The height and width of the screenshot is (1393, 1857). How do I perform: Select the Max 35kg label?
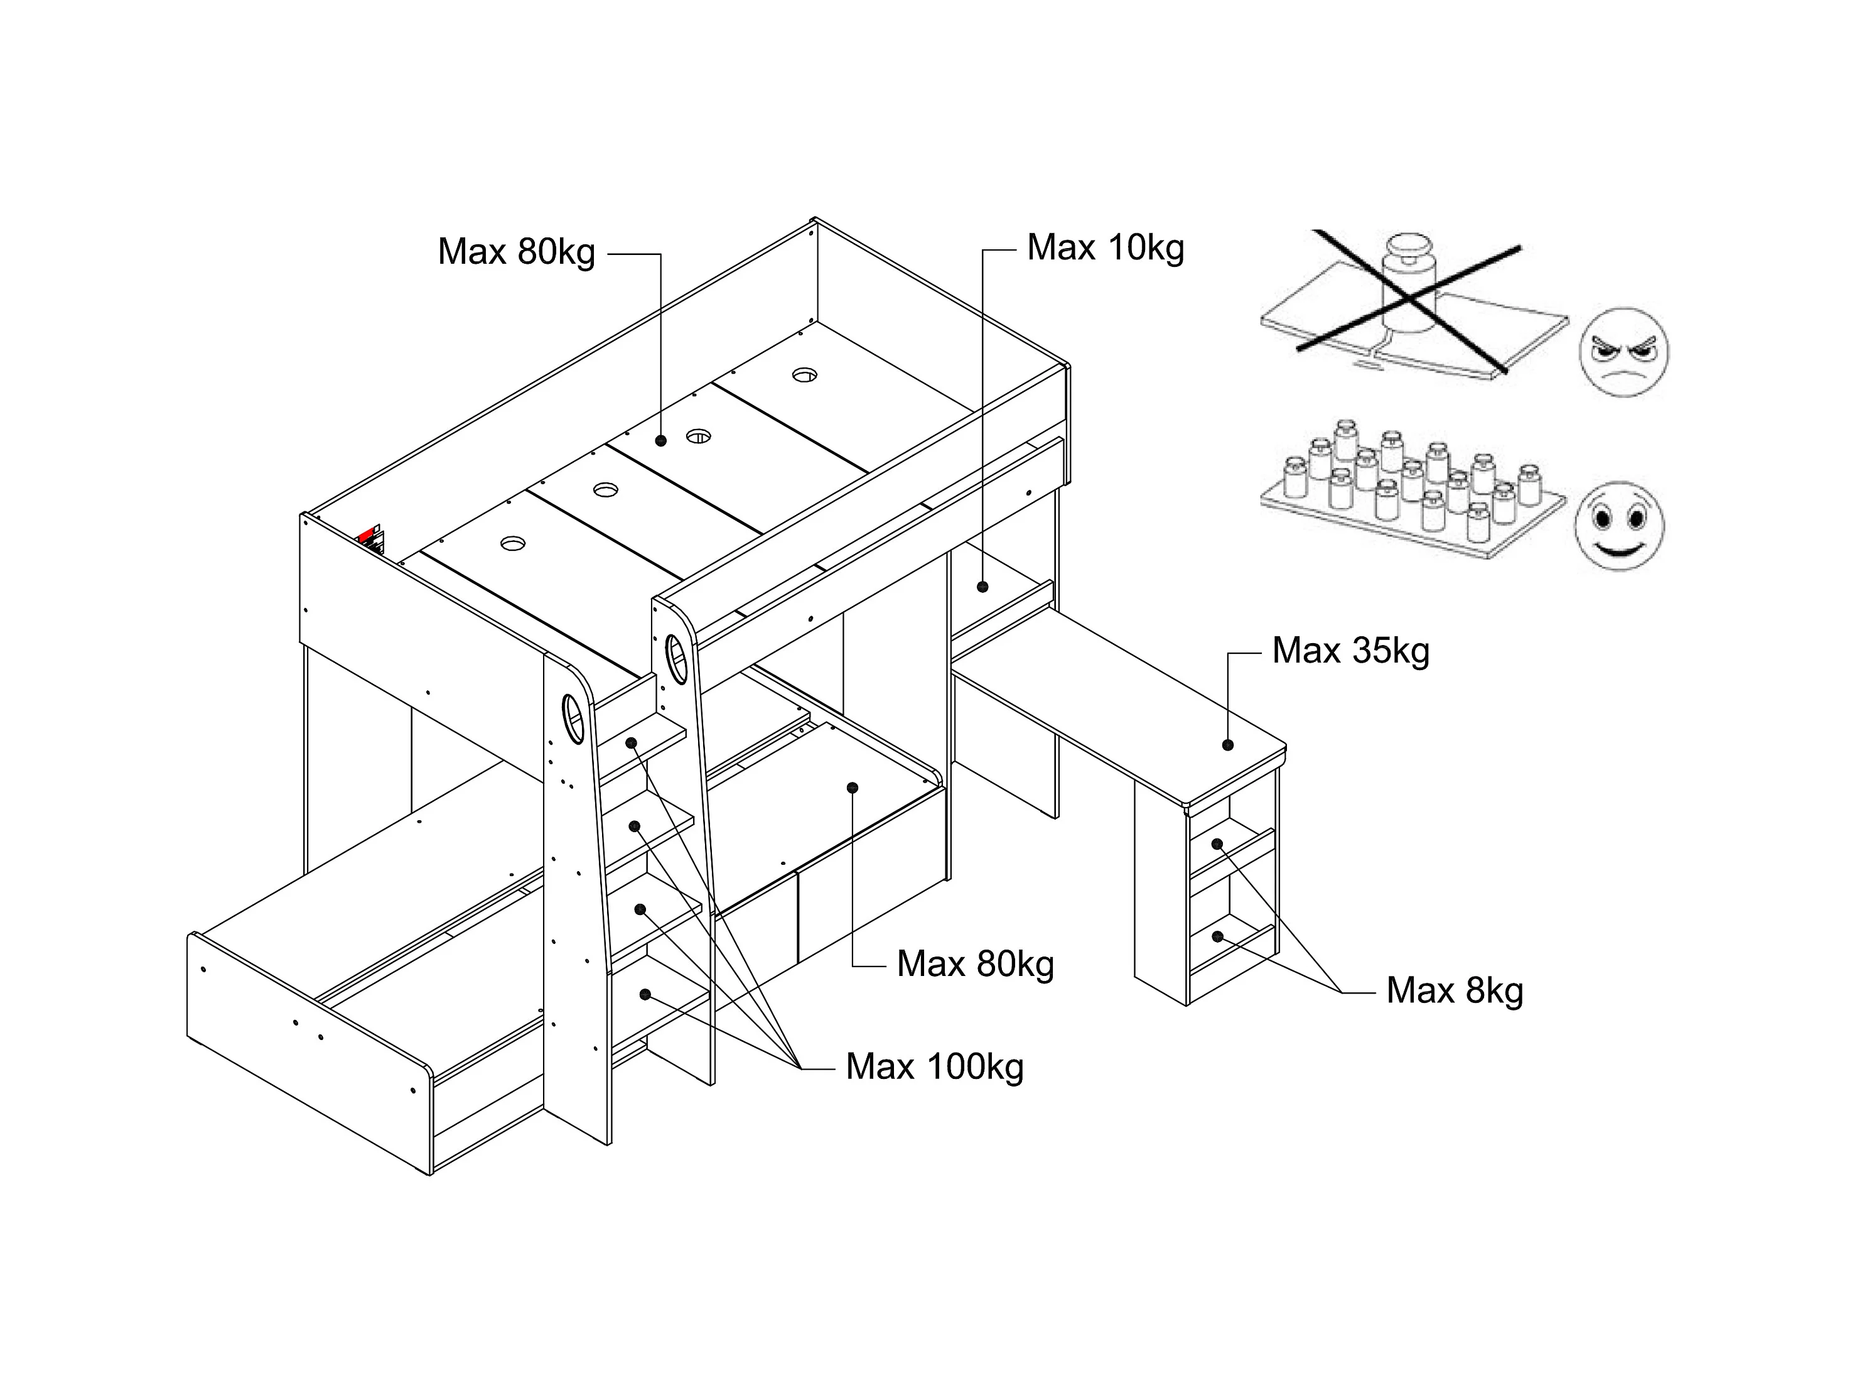(x=1351, y=651)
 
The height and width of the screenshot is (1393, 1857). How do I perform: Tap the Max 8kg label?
(x=1454, y=991)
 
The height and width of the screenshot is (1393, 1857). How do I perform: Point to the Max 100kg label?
(x=934, y=1067)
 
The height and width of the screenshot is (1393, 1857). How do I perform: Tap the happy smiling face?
(x=1620, y=526)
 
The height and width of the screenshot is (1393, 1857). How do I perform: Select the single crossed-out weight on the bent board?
(x=1411, y=284)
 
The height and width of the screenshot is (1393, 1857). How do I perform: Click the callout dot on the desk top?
(x=1227, y=745)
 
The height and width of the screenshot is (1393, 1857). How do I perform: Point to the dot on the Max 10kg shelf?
(x=982, y=587)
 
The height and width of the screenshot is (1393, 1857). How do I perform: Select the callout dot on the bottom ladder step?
(x=645, y=995)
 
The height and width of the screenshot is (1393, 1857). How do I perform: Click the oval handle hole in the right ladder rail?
(x=676, y=659)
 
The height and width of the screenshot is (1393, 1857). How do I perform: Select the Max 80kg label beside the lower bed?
(x=975, y=965)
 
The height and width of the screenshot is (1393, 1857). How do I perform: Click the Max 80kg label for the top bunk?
(x=516, y=252)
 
